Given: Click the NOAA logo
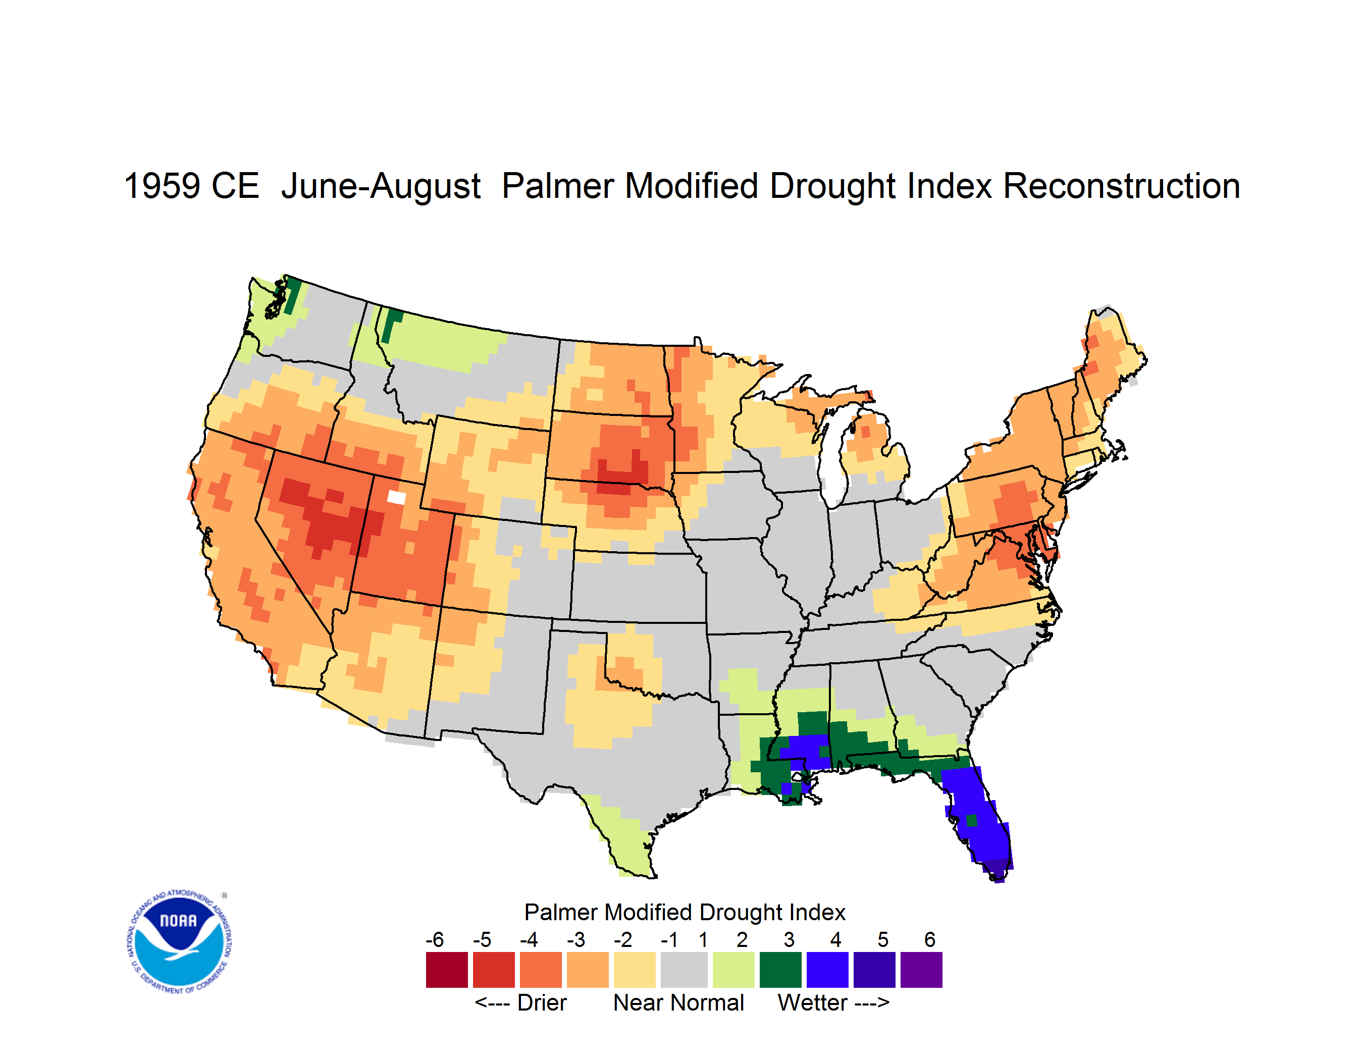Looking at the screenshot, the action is coord(180,941).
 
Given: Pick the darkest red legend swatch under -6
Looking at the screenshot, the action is coord(447,970).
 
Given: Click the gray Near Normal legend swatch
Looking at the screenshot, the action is coord(684,970).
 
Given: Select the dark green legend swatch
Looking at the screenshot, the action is coord(780,970).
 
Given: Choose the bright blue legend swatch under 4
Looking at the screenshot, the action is coord(827,970).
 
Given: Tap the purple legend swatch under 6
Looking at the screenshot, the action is coord(921,970).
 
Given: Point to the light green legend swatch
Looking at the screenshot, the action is coord(733,970).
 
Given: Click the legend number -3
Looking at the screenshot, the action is coord(575,939).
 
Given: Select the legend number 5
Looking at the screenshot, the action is coord(882,939).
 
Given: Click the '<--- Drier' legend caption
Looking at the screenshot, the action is coord(520,1002).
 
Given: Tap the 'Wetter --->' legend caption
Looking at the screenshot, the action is coord(833,1002).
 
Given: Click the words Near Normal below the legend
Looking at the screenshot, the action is coord(678,1002).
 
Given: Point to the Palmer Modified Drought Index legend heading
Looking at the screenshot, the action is coord(685,912).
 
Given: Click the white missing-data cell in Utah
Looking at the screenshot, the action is coord(396,497).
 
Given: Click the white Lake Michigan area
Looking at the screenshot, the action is coord(829,458).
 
